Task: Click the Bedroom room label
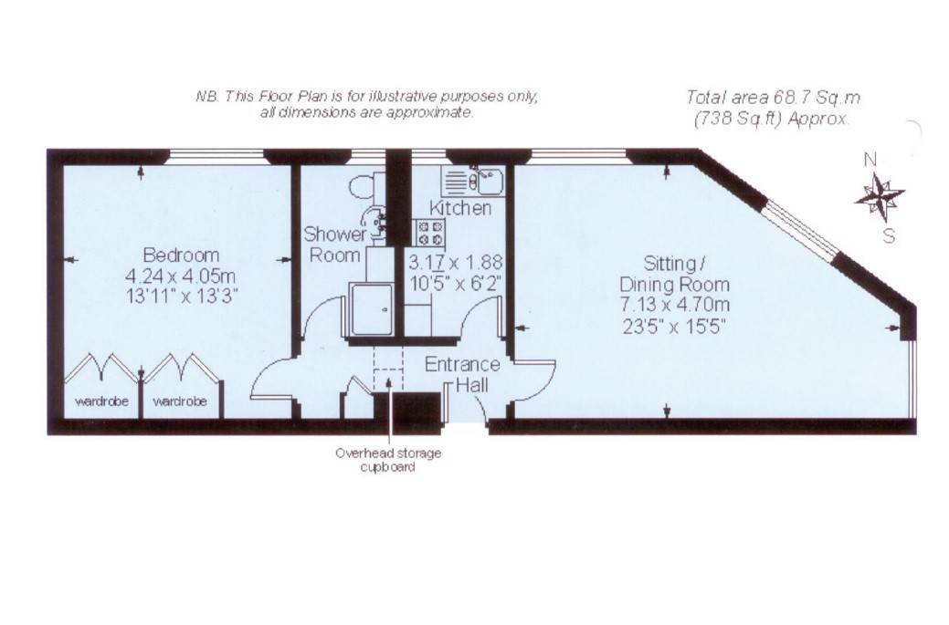point(181,255)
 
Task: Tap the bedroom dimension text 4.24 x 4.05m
point(180,276)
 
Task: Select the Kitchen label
point(460,209)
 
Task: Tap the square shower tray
point(371,308)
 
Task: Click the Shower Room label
point(334,245)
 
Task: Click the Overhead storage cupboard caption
point(388,460)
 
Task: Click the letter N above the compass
point(870,160)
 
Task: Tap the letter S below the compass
point(889,235)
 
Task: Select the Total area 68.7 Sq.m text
point(774,98)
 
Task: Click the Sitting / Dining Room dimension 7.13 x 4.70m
point(674,304)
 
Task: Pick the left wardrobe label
point(101,401)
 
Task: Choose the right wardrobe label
point(180,401)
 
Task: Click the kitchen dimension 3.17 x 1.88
point(456,263)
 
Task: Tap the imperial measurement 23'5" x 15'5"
point(674,327)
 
